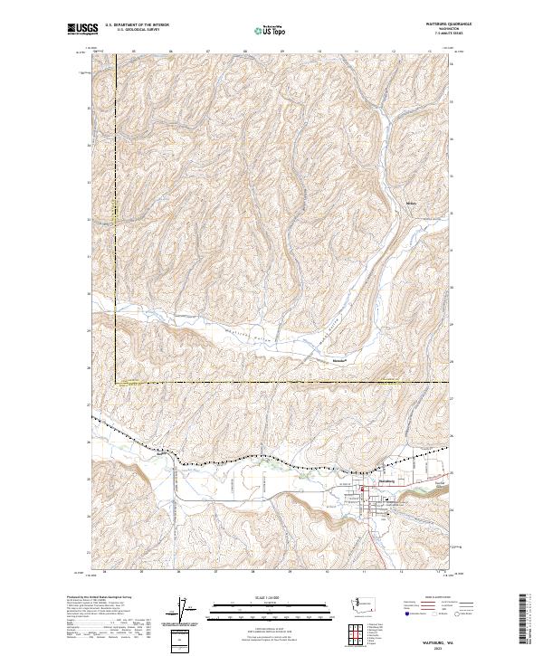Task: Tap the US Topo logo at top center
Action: click(269, 30)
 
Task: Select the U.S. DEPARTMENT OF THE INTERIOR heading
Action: click(137, 25)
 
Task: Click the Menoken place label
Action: click(336, 358)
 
